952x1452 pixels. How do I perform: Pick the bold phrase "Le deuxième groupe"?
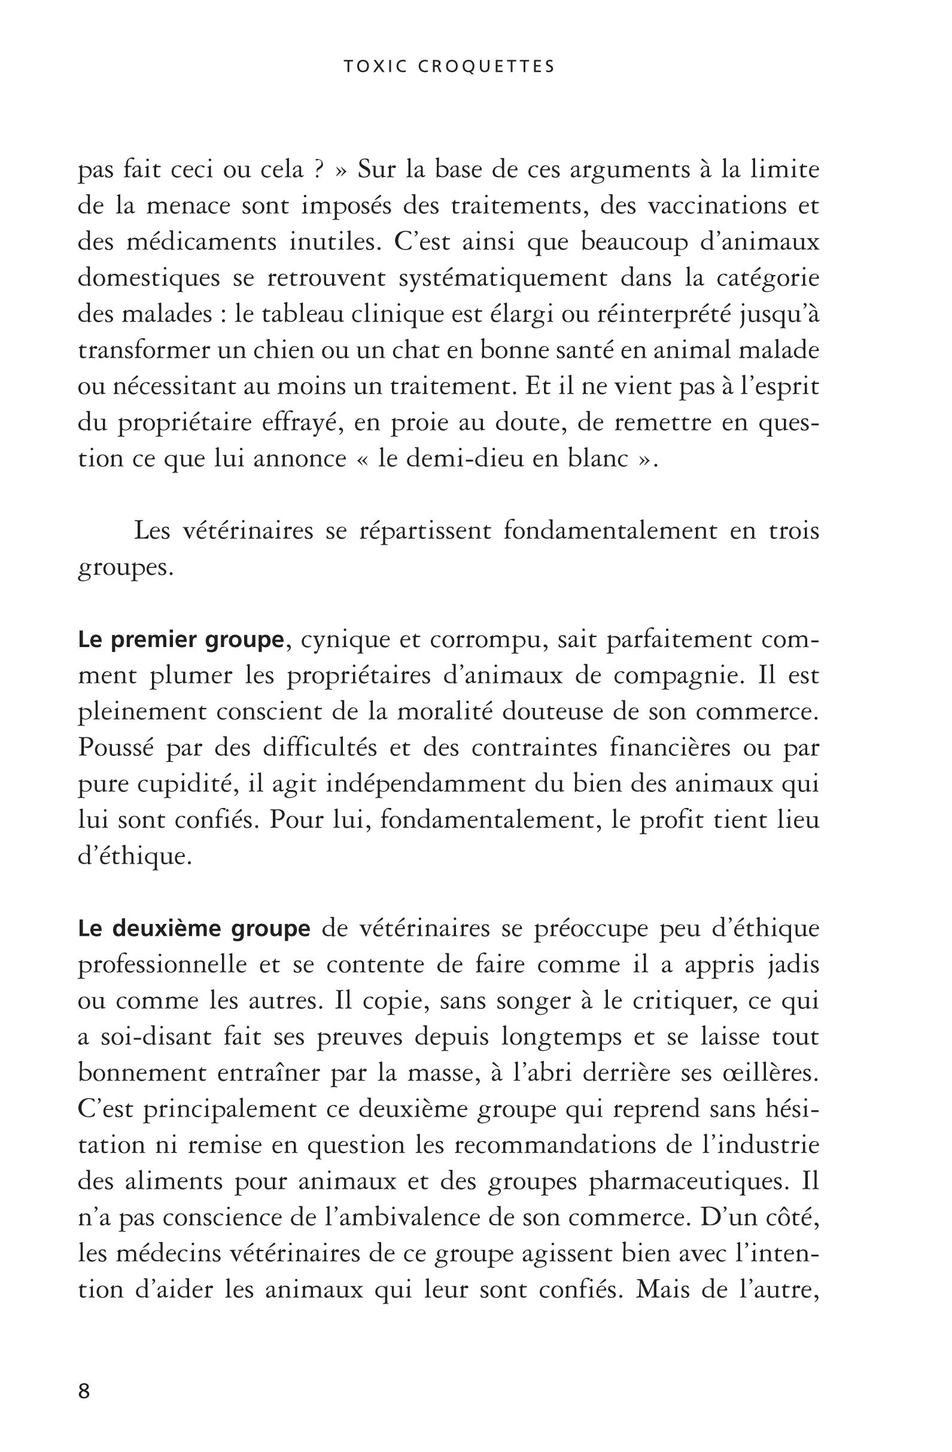click(194, 929)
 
